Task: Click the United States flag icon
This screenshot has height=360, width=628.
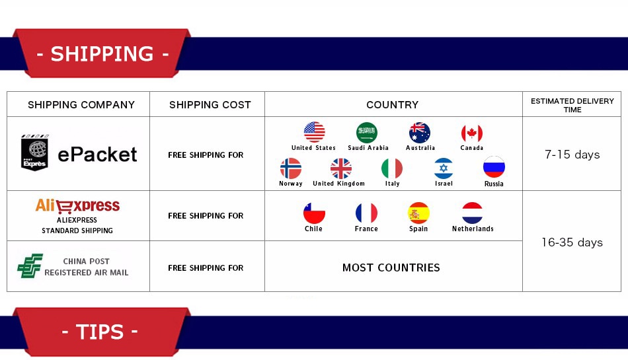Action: pos(315,132)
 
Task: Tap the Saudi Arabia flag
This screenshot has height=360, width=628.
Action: pos(367,132)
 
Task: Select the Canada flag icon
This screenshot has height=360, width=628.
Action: pos(472,133)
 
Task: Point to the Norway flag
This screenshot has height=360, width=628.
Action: pos(291,168)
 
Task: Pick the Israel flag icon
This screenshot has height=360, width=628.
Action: pos(444,168)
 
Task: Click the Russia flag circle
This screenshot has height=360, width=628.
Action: pos(494,167)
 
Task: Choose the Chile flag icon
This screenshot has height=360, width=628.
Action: pos(314,213)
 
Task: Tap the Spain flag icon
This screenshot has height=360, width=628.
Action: pos(419,213)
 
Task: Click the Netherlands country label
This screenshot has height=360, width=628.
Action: pos(473,229)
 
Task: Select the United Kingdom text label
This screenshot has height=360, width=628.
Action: pos(339,184)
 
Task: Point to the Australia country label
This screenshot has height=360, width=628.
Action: pos(420,147)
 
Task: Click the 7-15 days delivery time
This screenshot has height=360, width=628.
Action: pos(572,155)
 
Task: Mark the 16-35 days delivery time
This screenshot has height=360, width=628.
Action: pos(572,242)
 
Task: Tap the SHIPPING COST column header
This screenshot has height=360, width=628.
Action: pos(210,105)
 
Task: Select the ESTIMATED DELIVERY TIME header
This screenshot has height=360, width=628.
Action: pos(572,105)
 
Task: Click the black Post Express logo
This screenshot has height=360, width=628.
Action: pos(35,153)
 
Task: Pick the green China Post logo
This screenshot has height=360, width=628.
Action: pos(30,266)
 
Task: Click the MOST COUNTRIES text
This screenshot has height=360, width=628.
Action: pos(391,268)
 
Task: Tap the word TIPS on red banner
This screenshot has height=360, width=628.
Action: pos(100,332)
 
